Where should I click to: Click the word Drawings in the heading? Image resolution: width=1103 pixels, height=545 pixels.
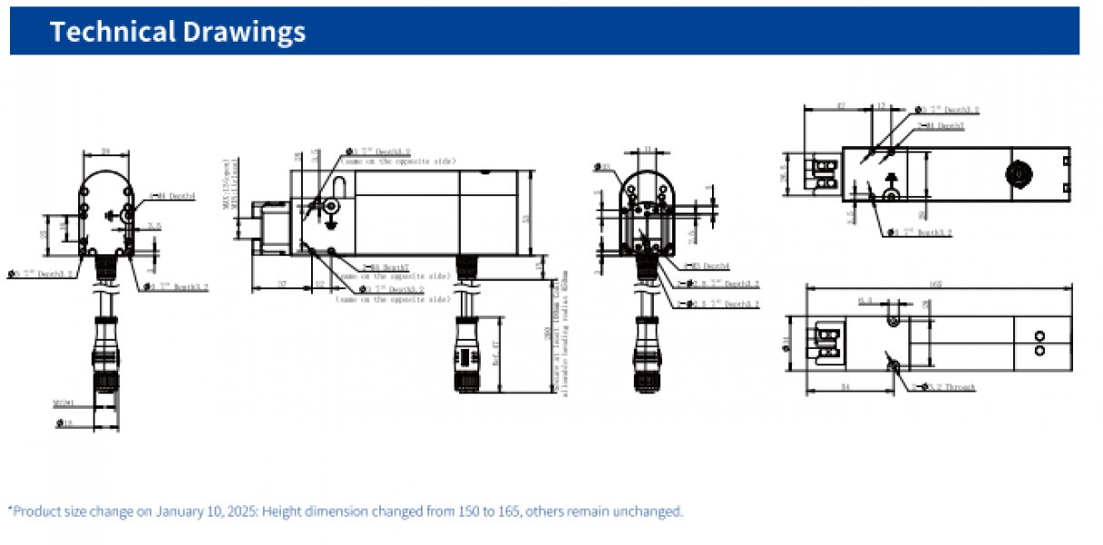(245, 32)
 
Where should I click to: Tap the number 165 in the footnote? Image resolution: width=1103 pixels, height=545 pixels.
(509, 511)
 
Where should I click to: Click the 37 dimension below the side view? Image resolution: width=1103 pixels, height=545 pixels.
(282, 284)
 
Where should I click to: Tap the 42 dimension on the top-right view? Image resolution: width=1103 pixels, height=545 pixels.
(839, 106)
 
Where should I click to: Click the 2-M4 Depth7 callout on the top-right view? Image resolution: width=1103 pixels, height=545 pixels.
(940, 125)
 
